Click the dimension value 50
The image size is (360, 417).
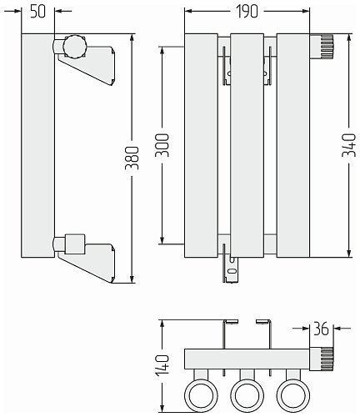[x=37, y=12]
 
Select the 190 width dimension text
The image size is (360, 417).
[x=247, y=12]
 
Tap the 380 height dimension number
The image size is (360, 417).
[x=132, y=158]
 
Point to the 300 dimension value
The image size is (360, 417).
[x=162, y=145]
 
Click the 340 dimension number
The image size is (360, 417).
[x=349, y=145]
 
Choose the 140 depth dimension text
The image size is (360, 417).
[x=162, y=365]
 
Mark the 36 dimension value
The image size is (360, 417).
[x=321, y=329]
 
